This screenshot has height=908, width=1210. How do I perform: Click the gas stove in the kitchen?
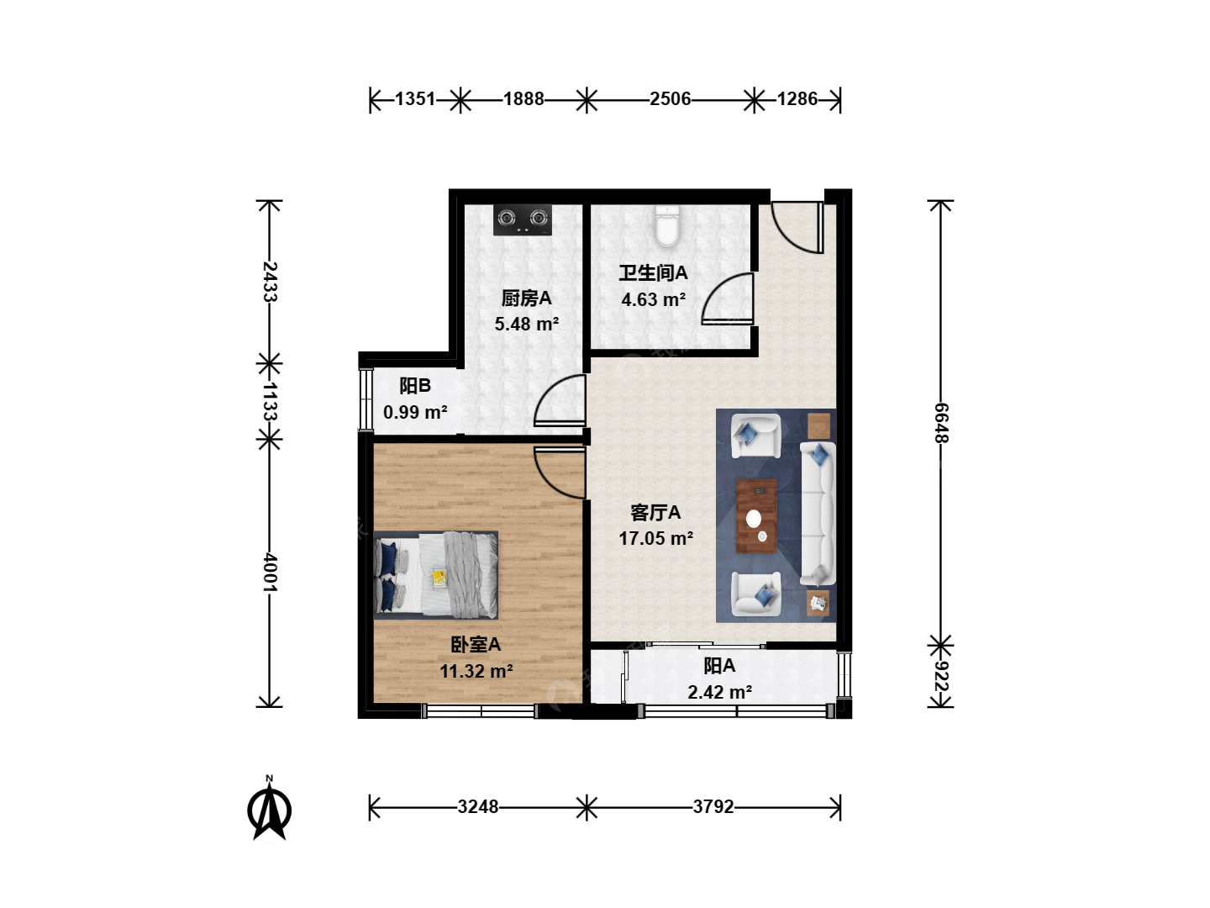point(522,219)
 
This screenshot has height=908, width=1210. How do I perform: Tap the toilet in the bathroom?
point(666,227)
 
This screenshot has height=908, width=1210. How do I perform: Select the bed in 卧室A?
point(435,574)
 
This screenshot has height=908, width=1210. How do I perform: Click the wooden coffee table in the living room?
point(756,516)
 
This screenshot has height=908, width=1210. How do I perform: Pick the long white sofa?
point(818,513)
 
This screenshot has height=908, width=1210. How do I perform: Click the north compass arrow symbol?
point(269,808)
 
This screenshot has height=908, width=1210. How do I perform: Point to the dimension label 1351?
point(415,99)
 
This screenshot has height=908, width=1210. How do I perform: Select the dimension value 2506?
point(670,99)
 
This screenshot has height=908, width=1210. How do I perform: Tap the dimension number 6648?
point(941,423)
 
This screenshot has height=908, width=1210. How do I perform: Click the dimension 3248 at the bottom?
point(478,807)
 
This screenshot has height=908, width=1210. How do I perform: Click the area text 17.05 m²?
point(656,538)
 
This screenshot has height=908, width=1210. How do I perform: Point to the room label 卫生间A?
point(653,273)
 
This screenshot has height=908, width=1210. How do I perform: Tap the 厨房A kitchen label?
point(527,298)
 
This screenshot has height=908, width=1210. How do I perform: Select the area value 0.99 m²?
point(415,412)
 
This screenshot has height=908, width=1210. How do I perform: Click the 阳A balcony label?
point(719,666)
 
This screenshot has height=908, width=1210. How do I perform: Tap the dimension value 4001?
point(270,573)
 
